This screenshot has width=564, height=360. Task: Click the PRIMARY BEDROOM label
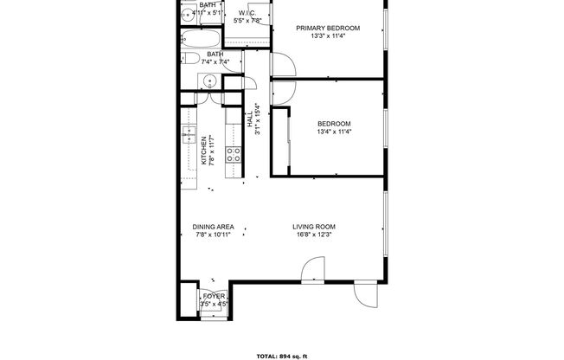pos(328,29)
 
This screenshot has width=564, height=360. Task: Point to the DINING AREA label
pos(215,227)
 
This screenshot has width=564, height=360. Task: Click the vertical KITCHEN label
pos(204,150)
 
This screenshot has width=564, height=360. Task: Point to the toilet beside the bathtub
pos(188,59)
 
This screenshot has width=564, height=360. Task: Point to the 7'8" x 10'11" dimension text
pos(215,235)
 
